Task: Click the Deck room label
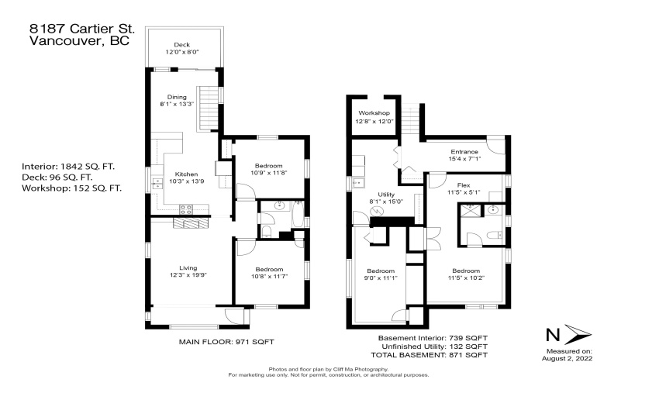(181, 44)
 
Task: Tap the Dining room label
(177, 97)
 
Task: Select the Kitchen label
(186, 174)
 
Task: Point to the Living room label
(188, 267)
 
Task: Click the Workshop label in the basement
(374, 112)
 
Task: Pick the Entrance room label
(464, 151)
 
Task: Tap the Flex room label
(464, 185)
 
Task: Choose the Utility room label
(386, 195)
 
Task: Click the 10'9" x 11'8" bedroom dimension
(269, 172)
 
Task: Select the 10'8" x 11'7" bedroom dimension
(269, 276)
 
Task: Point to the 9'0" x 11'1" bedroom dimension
(381, 278)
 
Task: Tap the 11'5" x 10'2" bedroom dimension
(467, 278)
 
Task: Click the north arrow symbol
(578, 334)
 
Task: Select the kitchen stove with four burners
(186, 209)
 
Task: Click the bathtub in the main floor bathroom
(298, 215)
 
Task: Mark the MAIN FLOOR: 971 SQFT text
(226, 342)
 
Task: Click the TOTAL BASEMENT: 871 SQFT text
(429, 355)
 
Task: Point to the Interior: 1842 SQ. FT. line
(68, 167)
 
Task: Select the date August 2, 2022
(568, 358)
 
